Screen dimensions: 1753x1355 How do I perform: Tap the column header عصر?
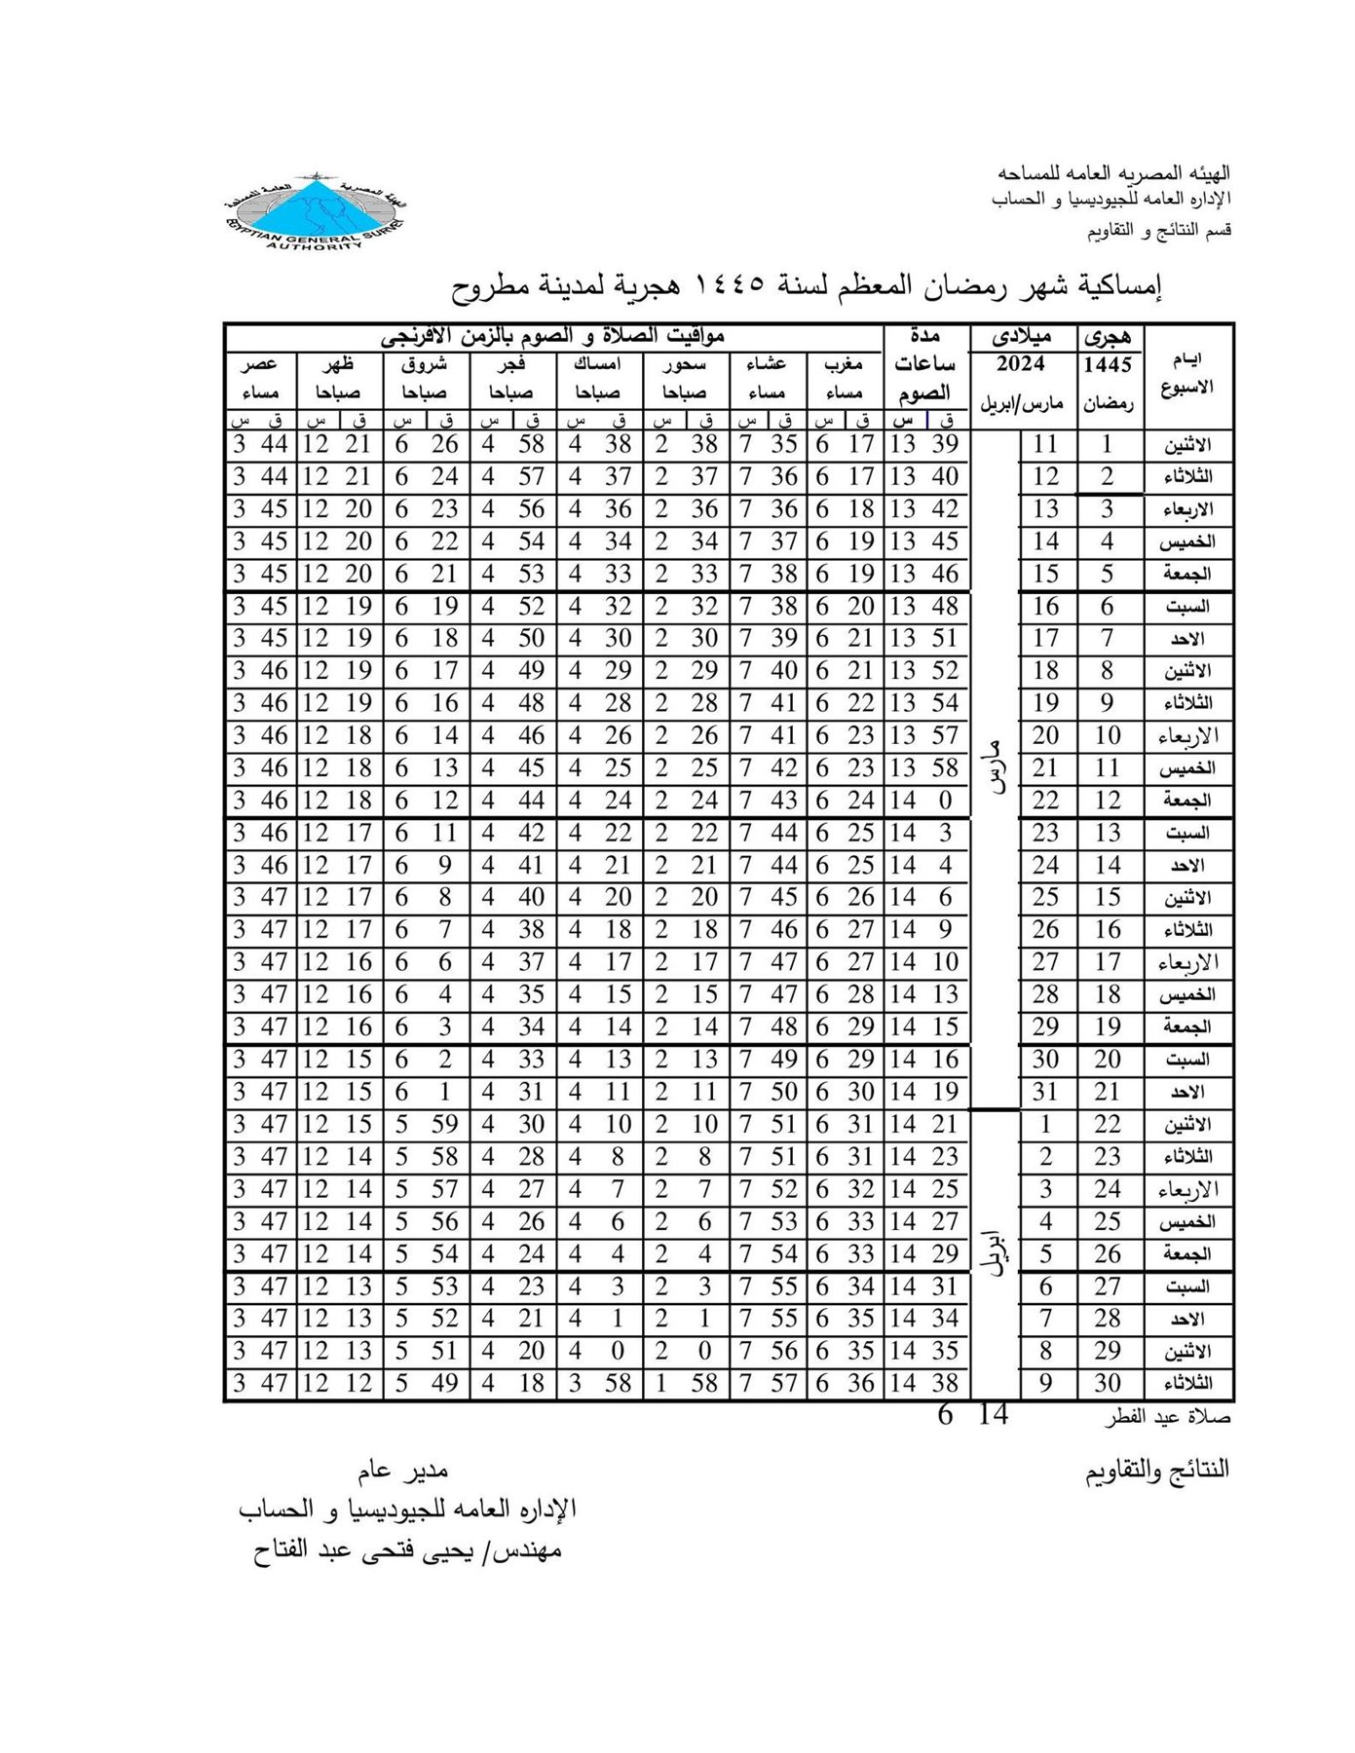pyautogui.click(x=259, y=365)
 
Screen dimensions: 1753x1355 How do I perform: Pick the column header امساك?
pyautogui.click(x=597, y=365)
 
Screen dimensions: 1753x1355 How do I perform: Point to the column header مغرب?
pyautogui.click(x=844, y=365)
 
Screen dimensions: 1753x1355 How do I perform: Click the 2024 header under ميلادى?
pyautogui.click(x=1020, y=365)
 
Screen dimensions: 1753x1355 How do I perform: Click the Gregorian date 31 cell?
pyautogui.click(x=1045, y=1092)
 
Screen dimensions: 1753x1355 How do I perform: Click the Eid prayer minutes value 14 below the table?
pyautogui.click(x=993, y=1415)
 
